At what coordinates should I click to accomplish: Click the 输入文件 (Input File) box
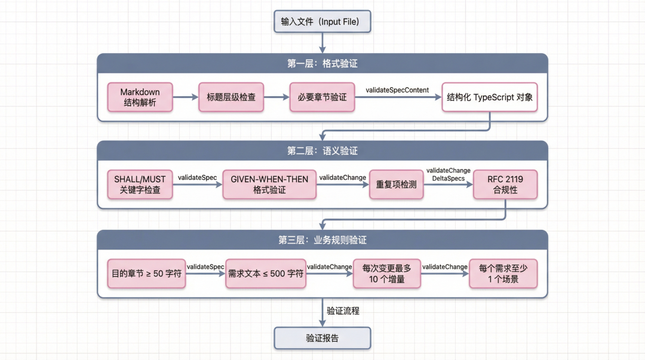click(322, 22)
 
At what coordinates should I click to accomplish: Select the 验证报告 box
click(322, 338)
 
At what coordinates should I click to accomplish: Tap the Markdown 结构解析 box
click(140, 97)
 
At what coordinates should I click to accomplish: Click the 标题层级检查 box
click(231, 97)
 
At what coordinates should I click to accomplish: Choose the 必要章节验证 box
click(322, 97)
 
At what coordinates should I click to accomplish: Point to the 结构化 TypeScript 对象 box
click(490, 97)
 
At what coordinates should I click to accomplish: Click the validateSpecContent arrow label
click(397, 90)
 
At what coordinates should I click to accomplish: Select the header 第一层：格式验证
click(322, 63)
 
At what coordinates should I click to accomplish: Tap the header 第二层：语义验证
click(322, 151)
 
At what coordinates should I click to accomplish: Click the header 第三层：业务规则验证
click(322, 240)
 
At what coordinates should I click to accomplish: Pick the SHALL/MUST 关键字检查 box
click(140, 184)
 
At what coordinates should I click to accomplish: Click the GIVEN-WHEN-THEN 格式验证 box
click(269, 184)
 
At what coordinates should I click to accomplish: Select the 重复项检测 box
click(397, 184)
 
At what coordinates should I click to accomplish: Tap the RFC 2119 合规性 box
click(505, 184)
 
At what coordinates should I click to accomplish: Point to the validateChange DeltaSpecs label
click(448, 174)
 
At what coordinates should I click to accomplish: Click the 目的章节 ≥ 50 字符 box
click(146, 273)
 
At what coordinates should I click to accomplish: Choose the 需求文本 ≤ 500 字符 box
click(266, 273)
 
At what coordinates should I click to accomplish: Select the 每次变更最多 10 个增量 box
click(387, 273)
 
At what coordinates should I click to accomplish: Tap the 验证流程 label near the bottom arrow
click(343, 311)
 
